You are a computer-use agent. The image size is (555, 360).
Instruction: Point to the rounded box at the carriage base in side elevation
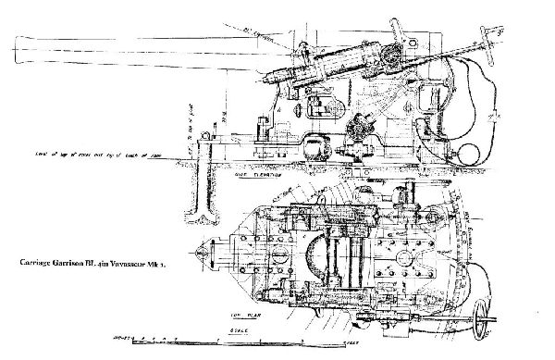tap(319, 146)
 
